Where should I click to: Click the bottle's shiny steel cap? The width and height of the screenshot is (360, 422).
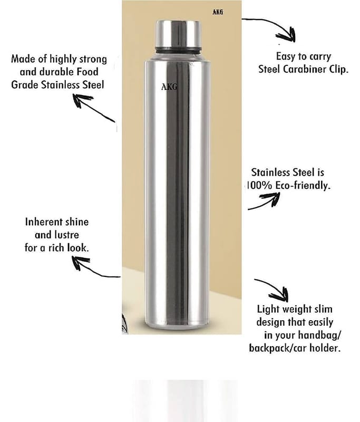pyautogui.click(x=178, y=34)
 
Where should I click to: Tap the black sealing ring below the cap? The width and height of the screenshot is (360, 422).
pyautogui.click(x=178, y=50)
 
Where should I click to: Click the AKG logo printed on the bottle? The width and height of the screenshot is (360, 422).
pyautogui.click(x=169, y=87)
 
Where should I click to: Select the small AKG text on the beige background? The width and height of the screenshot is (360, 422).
pyautogui.click(x=218, y=12)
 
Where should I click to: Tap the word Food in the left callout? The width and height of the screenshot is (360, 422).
pyautogui.click(x=87, y=72)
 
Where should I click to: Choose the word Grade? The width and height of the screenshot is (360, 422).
pyautogui.click(x=25, y=85)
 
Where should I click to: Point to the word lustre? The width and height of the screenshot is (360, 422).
pyautogui.click(x=68, y=235)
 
